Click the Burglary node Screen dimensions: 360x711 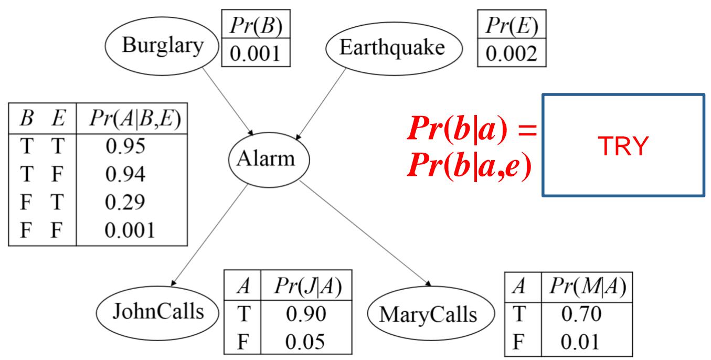click(x=161, y=47)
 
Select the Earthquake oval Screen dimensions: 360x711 click(x=391, y=47)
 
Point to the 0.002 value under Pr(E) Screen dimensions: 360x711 click(x=512, y=54)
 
